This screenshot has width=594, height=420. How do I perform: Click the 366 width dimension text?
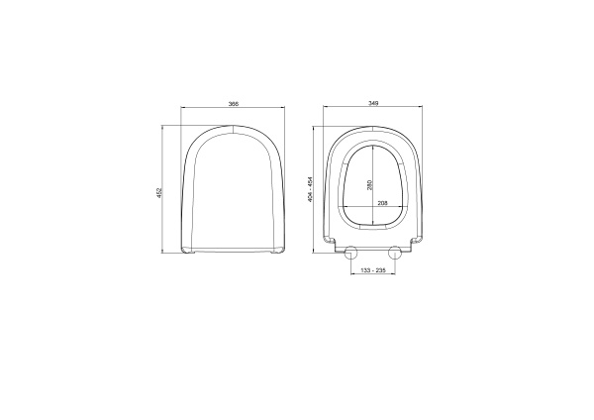click(232, 103)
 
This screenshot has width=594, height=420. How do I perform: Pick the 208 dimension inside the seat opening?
click(381, 204)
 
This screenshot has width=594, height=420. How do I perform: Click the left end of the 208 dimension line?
click(343, 209)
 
